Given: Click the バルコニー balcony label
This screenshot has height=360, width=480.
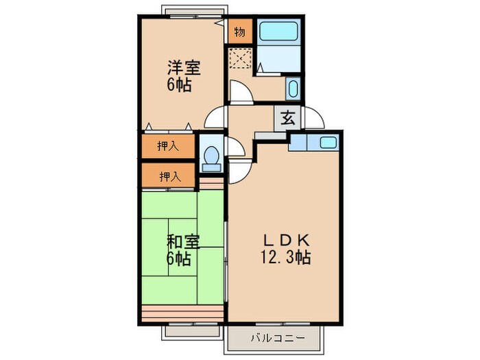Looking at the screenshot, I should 274,337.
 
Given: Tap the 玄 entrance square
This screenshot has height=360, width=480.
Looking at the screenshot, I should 288,117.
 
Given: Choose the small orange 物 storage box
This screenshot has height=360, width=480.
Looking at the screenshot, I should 240,32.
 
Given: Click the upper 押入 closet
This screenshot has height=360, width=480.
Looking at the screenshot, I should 167,145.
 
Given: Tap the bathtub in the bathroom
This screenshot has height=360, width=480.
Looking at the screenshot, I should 280,32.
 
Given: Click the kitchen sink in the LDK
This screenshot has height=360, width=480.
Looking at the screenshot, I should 327,142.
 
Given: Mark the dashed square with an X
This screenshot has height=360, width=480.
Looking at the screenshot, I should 241,58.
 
